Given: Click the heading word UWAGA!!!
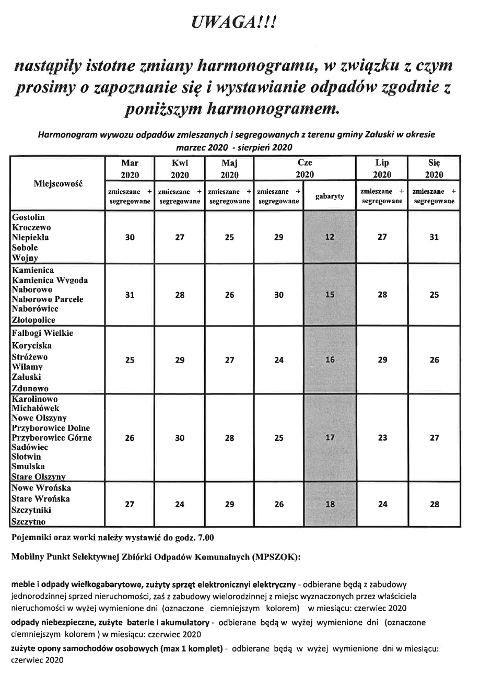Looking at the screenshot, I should tap(240, 22).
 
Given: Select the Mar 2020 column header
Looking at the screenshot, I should tap(130, 168).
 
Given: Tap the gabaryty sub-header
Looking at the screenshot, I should tap(330, 196).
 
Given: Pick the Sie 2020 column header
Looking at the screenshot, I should tap(434, 168).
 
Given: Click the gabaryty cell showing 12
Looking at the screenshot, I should tap(330, 237).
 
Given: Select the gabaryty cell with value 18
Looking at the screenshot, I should tap(330, 505).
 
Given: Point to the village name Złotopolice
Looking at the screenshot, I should tap(33, 320).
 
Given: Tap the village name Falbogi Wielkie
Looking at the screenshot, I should tap(42, 333).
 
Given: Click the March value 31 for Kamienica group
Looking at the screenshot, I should tap(130, 295).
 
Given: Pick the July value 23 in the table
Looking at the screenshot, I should tap(382, 438).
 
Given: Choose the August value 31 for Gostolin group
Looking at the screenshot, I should tap(434, 237).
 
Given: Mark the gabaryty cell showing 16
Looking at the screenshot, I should tap(330, 360).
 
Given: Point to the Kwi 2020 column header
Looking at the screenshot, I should tap(180, 168).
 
